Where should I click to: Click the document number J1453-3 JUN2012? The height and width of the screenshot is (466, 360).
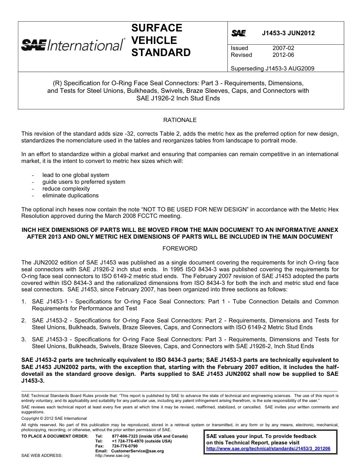(x=288, y=33)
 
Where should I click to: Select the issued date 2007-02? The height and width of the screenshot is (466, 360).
(x=283, y=48)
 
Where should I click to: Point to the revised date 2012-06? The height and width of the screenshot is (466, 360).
(x=283, y=55)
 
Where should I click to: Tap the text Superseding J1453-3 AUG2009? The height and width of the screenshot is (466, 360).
(x=272, y=69)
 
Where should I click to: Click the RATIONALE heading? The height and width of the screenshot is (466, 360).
(x=180, y=120)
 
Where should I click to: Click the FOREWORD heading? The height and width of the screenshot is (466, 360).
(x=180, y=249)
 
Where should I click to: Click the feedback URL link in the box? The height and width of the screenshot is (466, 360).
(x=268, y=449)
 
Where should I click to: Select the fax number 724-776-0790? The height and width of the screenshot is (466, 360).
(x=125, y=446)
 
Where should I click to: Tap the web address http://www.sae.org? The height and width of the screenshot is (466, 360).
(x=112, y=455)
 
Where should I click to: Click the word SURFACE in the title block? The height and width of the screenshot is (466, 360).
(x=157, y=28)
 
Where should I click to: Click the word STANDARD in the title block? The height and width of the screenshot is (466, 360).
(x=161, y=53)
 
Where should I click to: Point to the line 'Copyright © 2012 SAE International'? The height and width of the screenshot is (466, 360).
(x=54, y=418)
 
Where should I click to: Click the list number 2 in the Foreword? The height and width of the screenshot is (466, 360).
(x=23, y=321)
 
